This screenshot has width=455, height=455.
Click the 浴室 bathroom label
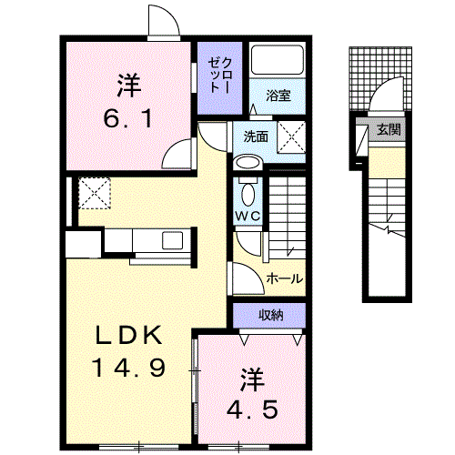tap(278, 96)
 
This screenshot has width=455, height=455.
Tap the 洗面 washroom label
tap(256, 136)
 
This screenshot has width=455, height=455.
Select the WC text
tap(248, 216)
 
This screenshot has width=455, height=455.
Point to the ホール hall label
tap(285, 278)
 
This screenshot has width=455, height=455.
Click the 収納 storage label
tap(271, 316)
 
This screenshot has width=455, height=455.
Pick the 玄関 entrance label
tap(389, 129)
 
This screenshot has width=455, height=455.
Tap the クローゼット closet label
tap(220, 76)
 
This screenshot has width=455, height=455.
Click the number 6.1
tap(127, 119)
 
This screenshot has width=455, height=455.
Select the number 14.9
tap(129, 368)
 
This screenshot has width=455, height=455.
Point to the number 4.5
tap(252, 409)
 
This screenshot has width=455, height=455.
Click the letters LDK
tap(128, 335)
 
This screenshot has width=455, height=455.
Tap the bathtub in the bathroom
tap(278, 60)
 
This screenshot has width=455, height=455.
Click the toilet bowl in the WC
tap(248, 195)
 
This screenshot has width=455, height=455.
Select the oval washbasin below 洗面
tap(248, 163)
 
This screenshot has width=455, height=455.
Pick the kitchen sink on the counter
tap(172, 240)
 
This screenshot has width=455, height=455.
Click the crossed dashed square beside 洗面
tap(291, 136)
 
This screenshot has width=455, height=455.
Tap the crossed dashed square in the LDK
tap(95, 193)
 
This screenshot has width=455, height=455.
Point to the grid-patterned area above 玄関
tap(380, 79)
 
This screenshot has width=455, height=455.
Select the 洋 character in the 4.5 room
tap(251, 379)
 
